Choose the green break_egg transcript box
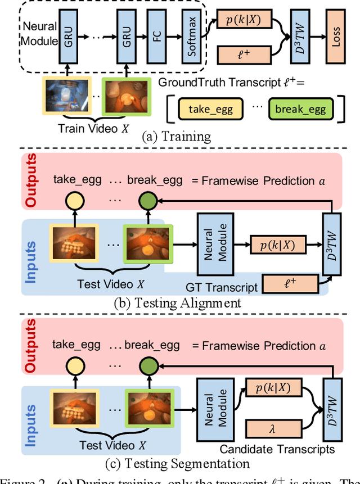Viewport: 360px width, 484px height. pyautogui.click(x=300, y=109)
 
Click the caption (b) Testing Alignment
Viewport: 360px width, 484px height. pyautogui.click(x=178, y=302)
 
